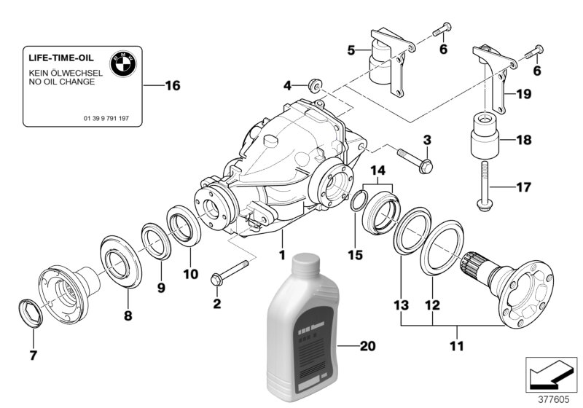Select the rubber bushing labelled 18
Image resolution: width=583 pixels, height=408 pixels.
pyautogui.click(x=485, y=138)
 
